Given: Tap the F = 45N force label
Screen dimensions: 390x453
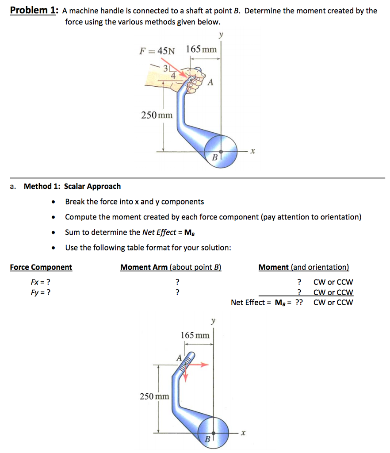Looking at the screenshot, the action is click(157, 50).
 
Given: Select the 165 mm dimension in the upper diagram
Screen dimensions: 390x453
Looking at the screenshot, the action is click(202, 49).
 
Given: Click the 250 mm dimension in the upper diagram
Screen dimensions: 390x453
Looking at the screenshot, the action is click(157, 115).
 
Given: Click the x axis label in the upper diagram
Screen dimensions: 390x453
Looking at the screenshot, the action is click(252, 151).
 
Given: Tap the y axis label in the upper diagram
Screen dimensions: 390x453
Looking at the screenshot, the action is click(221, 35).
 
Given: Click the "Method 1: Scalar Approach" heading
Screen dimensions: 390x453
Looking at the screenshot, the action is click(72, 186).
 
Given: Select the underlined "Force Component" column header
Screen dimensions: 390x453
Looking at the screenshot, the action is click(41, 267).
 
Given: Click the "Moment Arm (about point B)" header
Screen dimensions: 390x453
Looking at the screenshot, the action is click(171, 267).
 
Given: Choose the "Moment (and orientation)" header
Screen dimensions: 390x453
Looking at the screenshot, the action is click(304, 267).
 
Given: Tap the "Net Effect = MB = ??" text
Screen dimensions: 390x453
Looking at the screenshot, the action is click(267, 303).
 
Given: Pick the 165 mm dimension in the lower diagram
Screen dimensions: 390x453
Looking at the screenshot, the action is click(195, 335).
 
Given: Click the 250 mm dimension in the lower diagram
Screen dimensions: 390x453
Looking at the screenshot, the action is click(154, 396).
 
